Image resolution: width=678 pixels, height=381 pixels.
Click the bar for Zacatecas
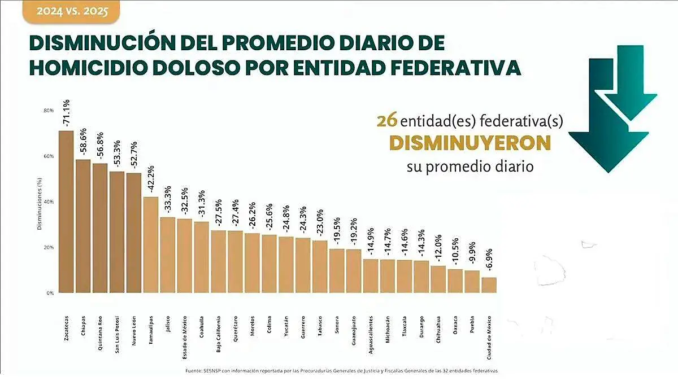pos(66,212)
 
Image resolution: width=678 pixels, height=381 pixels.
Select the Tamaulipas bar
pos(151,245)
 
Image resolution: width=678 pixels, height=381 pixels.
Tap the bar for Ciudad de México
pos(489,285)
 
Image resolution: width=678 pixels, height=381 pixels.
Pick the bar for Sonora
pos(337,271)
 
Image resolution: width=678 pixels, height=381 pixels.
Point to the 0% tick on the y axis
pos(50,294)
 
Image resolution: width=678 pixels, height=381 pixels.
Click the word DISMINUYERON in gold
pos(470,143)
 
